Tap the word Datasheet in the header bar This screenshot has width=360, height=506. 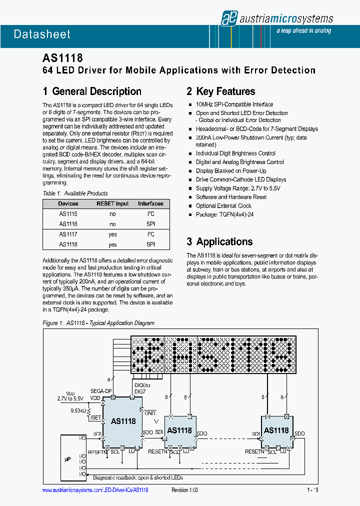42,34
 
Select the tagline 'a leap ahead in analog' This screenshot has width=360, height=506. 303,31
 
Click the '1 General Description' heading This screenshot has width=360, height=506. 92,91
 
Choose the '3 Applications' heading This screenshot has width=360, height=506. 219,242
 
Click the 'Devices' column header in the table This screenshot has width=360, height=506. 68,204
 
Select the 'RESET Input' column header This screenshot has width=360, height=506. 112,204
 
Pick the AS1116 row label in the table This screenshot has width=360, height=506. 68,224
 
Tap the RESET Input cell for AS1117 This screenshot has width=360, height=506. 112,234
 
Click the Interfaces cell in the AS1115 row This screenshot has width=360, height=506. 150,214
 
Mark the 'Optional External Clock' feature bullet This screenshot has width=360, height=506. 223,206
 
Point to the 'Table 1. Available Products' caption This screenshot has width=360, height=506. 75,193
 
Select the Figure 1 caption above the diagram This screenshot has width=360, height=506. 98,323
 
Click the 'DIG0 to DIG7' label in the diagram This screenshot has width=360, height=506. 142,388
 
